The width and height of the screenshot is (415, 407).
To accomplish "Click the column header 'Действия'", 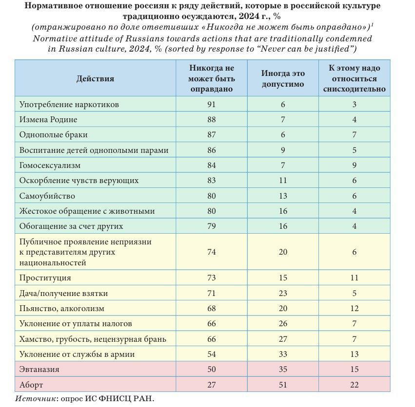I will (x=95, y=78).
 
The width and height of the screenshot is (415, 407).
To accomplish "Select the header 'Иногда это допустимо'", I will (x=283, y=78).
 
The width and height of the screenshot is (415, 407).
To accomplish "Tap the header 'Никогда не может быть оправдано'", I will (x=212, y=78).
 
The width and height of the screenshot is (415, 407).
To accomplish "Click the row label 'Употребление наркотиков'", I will (x=69, y=104).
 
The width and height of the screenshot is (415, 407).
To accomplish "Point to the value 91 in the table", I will (x=212, y=104).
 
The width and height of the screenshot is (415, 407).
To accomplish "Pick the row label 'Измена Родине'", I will (x=48, y=119).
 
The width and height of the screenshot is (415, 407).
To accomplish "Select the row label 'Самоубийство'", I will (x=47, y=196).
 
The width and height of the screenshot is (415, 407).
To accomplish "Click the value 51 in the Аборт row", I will (x=283, y=385).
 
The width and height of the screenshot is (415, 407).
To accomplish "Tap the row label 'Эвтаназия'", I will (x=40, y=369).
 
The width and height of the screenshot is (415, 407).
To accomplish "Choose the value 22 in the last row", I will (x=355, y=385).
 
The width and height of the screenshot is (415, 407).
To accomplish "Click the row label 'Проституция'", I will (x=45, y=277).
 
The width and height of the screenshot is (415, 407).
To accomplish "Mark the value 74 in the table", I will (x=212, y=252).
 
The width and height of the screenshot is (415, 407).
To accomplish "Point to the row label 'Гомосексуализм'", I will (x=50, y=166).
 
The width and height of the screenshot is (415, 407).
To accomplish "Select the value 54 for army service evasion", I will (x=212, y=354).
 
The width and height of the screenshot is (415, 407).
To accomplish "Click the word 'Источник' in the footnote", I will (x=35, y=399).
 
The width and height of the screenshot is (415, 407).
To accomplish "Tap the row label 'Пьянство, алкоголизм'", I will (x=62, y=308).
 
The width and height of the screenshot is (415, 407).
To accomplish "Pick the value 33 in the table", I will (x=283, y=354).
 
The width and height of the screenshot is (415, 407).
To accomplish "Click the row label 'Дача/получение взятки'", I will (x=64, y=293).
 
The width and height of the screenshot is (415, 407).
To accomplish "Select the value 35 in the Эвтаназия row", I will (x=283, y=369).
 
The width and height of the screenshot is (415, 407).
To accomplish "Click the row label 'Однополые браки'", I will (x=54, y=135).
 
